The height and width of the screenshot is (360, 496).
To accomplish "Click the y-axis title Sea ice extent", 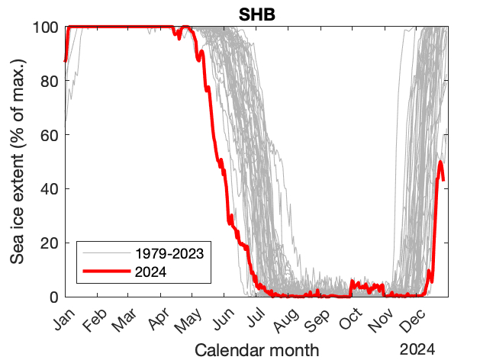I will [17, 162].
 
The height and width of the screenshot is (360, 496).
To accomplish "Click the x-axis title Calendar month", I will [256, 350].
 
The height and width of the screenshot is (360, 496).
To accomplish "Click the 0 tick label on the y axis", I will [53, 297].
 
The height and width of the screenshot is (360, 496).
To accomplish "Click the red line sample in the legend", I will [105, 270].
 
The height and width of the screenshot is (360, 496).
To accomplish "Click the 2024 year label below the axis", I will [419, 349].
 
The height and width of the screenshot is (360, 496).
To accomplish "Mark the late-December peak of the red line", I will [440, 162].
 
